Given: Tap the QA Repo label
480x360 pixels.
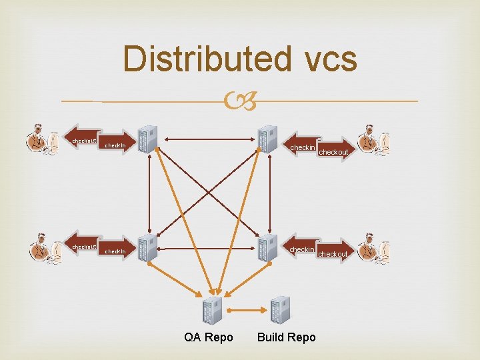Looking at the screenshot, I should click(x=209, y=337).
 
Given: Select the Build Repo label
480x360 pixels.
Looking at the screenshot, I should click(x=286, y=337).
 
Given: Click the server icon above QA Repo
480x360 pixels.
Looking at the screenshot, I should click(x=212, y=310).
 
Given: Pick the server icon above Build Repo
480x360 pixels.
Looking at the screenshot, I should click(x=280, y=309).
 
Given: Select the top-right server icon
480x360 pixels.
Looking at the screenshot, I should click(x=267, y=139).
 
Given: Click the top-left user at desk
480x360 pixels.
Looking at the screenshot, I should click(x=41, y=140).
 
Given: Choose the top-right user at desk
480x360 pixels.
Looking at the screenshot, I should click(x=373, y=140).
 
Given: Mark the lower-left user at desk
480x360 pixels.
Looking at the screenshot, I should click(x=45, y=249).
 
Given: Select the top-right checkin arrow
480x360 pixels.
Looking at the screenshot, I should click(x=301, y=147).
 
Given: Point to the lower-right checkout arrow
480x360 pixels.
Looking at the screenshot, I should click(x=333, y=253).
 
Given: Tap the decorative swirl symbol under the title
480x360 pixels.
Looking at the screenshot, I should click(x=239, y=101).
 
